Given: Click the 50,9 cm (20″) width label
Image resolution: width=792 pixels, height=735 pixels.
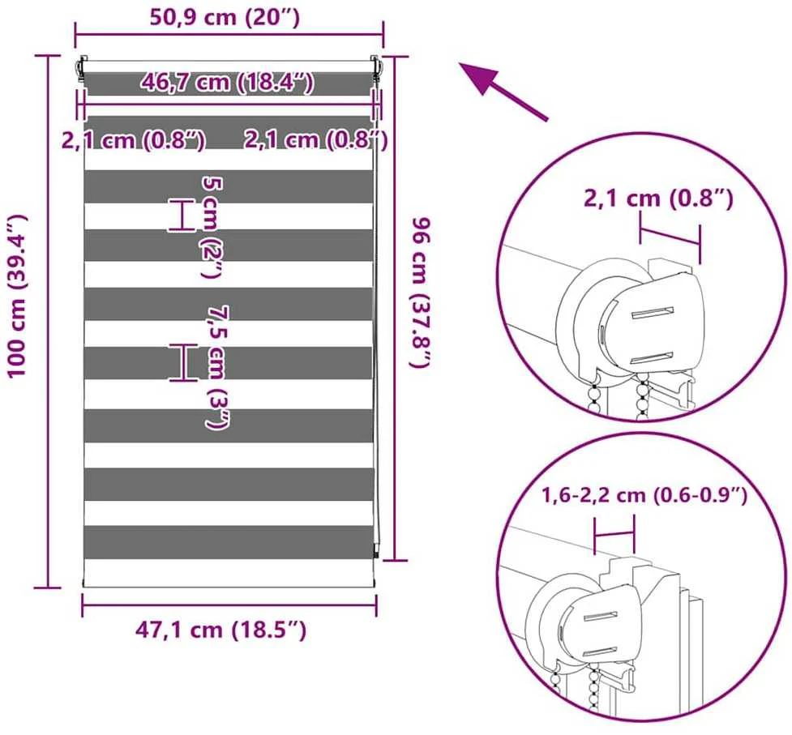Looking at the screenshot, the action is pos(225,18).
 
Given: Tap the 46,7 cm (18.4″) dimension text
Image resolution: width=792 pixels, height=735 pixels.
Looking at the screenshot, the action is pos(228,82).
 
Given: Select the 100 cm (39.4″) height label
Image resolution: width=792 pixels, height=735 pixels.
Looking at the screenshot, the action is pos(18,295).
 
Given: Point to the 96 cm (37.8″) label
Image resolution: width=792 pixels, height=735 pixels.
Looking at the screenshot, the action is pos(421,293).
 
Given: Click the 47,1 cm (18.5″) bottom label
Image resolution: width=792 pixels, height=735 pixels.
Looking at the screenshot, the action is pos(220,630).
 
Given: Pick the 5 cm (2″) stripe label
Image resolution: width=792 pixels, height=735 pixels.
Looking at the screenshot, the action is pos(212,227).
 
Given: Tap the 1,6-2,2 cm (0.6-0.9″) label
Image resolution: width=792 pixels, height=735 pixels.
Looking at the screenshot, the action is pos(644,496).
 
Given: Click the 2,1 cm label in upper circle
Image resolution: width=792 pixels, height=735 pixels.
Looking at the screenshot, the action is pos(658,199).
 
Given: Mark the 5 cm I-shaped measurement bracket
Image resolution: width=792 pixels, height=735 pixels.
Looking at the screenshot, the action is pos(182,215).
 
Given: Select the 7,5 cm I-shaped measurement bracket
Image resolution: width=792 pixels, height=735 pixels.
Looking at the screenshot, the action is pos(183,362).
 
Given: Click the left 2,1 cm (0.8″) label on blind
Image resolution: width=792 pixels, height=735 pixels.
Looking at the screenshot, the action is pos(133,140).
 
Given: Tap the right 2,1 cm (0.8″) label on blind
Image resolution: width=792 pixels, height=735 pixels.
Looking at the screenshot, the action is pos(316,139).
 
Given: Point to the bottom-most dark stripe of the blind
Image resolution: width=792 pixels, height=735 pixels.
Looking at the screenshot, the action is pos(229,542).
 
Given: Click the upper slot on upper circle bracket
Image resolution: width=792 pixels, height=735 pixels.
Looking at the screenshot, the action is pos(653,313).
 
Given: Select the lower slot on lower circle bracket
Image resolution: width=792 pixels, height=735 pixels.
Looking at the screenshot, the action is pos(601,652).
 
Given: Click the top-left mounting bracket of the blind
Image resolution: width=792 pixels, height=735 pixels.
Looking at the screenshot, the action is pos(83,68).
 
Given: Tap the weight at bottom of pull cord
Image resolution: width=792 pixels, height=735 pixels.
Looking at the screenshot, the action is pos(376,549).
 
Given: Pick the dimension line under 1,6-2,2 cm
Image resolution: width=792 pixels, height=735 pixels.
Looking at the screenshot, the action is pos(614,533).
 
